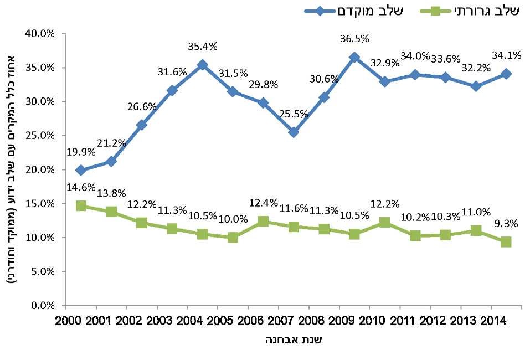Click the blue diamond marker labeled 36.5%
354,58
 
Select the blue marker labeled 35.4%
202,65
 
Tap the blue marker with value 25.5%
294,132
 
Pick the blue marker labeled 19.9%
81,170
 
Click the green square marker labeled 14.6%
81,206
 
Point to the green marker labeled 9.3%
506,242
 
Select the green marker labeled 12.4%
263,221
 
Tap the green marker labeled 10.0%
233,238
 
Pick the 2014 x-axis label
492,321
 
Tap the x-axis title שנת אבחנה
293,340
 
